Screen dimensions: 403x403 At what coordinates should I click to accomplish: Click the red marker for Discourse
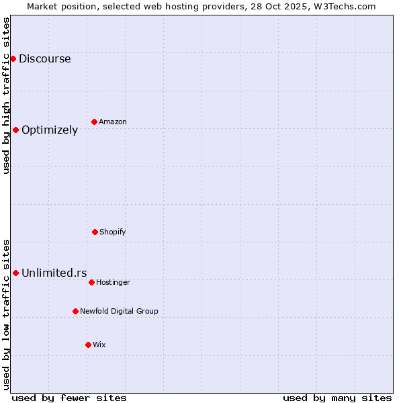coord(13,59)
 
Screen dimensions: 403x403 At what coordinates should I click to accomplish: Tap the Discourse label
coord(44,59)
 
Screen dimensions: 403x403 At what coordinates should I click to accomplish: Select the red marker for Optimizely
coord(15,130)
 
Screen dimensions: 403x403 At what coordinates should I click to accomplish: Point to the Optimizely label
coord(50,130)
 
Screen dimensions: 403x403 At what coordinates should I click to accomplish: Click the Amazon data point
coord(94,122)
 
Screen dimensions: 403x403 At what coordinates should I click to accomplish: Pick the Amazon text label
coord(113,122)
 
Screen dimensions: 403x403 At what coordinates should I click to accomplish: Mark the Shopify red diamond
coord(95,232)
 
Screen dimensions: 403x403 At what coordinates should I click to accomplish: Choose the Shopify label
coord(113,232)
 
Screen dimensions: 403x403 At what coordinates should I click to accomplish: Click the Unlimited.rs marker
coord(15,273)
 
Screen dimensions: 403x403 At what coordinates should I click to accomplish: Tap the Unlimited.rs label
coord(54,273)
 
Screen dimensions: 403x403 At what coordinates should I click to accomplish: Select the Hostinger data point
coord(91,282)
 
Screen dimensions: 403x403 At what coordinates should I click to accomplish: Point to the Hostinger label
coord(113,283)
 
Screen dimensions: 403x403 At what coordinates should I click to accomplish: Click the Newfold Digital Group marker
coord(75,311)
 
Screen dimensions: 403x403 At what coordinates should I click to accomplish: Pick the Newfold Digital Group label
coord(119,312)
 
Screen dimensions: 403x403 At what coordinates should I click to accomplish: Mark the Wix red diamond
coord(88,345)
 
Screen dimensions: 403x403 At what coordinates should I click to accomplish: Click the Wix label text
coord(99,345)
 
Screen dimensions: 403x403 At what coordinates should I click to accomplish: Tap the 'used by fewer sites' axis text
coord(69,398)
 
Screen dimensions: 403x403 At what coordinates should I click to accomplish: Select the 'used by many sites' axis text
coord(337,398)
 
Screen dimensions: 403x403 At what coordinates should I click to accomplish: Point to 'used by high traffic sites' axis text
coord(6,95)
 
